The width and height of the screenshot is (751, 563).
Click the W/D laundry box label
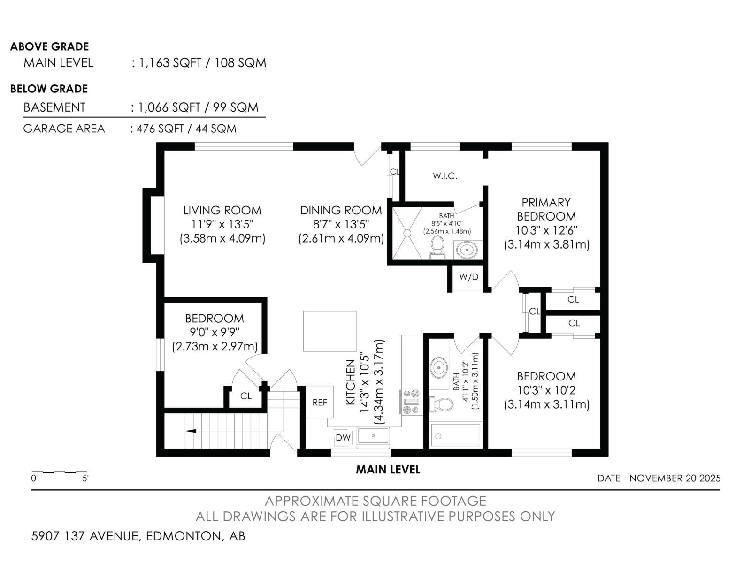pos(468,277)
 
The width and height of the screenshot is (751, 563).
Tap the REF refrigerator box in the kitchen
pos(320,403)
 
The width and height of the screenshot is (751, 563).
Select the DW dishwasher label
pos(343,438)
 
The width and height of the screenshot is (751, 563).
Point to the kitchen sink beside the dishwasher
pos(373,436)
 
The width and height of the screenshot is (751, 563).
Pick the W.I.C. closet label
pos(445,176)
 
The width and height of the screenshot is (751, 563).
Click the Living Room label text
pos(222,210)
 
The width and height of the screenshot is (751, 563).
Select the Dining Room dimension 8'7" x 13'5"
pos(341,224)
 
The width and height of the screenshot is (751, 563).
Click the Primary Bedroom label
pos(546,209)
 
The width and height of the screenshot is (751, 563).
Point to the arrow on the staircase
pos(191,431)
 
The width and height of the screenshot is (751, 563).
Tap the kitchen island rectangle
pos(330,331)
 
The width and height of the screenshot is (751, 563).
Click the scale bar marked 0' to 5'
pos(59,472)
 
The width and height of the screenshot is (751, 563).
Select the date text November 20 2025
pos(659,478)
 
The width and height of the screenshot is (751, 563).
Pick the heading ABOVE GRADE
pos(49,46)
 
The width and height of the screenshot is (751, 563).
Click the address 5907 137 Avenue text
pos(138,536)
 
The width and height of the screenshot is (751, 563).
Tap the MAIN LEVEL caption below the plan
pos(388,469)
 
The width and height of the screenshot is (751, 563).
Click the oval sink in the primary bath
pos(467,249)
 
